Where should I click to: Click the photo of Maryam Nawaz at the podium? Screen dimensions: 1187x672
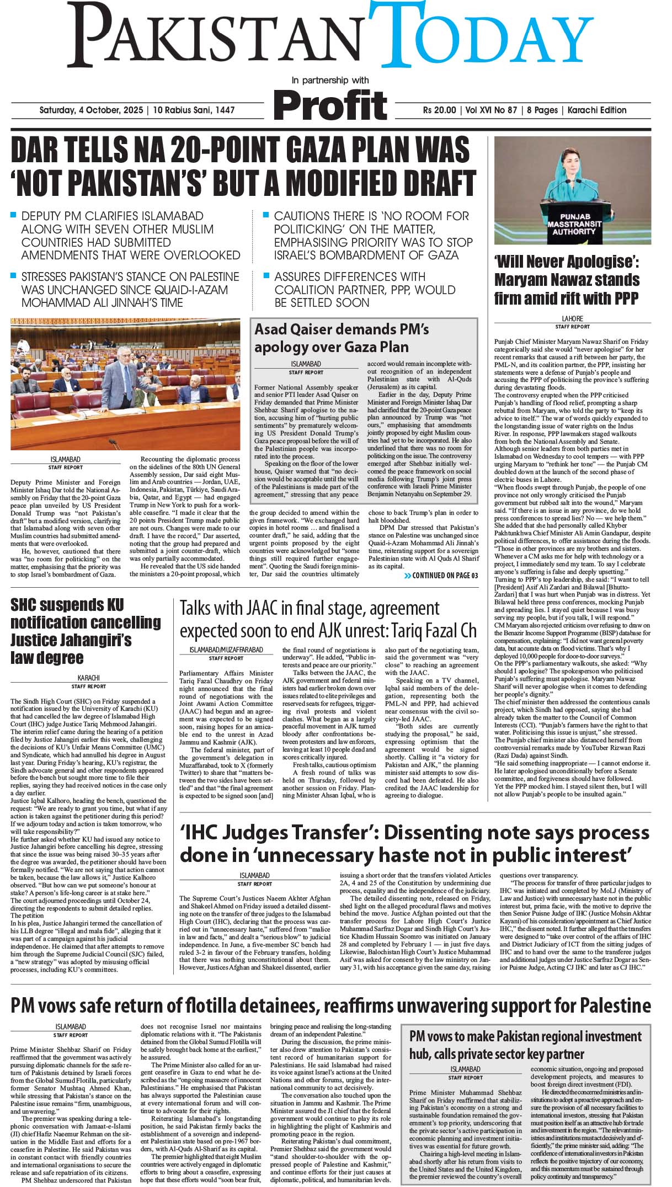click(x=572, y=190)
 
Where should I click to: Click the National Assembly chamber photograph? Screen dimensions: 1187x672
click(x=125, y=384)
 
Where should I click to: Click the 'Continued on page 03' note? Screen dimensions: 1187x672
click(x=441, y=576)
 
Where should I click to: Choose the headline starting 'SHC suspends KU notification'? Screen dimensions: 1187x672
click(x=86, y=631)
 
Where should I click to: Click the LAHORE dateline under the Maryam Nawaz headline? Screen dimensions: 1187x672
click(x=572, y=318)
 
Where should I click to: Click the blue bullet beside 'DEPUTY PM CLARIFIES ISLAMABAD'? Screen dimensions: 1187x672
click(x=14, y=215)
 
